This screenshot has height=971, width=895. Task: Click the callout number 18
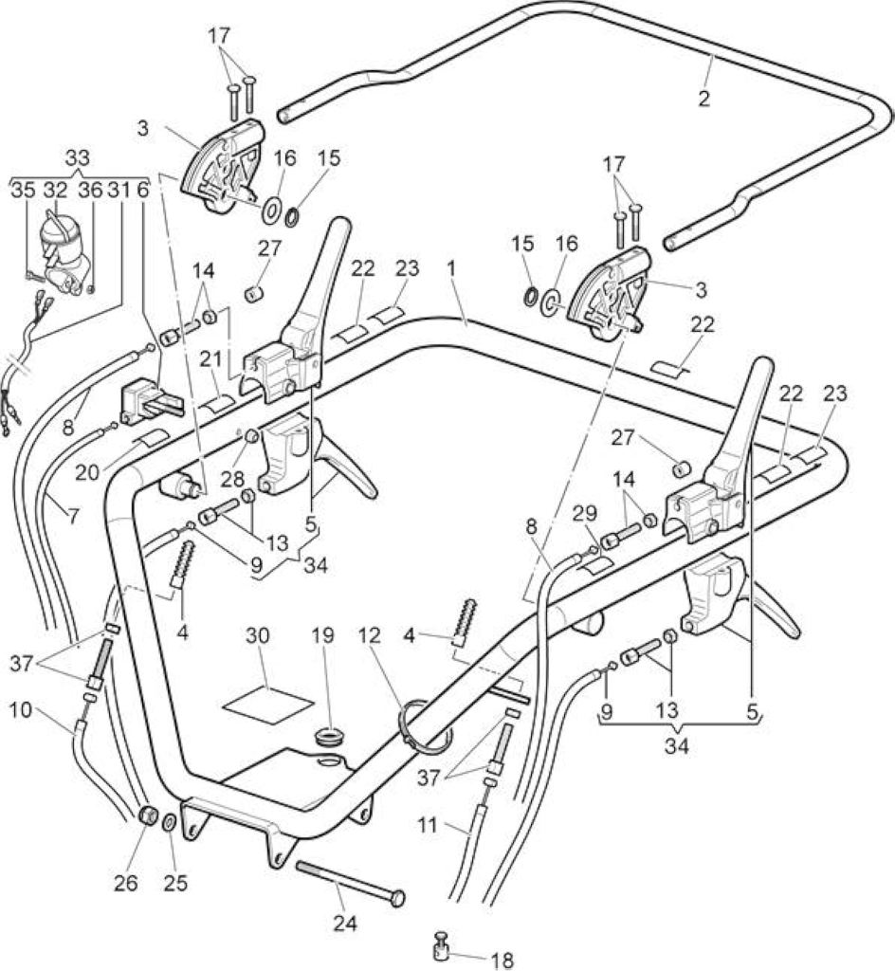(502, 961)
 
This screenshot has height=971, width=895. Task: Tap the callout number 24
(345, 924)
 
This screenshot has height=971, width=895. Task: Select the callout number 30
(258, 635)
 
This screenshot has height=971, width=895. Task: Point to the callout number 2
(703, 99)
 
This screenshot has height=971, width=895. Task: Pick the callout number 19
(323, 635)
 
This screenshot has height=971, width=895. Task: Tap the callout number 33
(78, 158)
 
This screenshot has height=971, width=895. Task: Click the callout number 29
(585, 513)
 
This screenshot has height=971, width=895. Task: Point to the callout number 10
(21, 709)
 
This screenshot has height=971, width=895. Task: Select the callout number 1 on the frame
(452, 268)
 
